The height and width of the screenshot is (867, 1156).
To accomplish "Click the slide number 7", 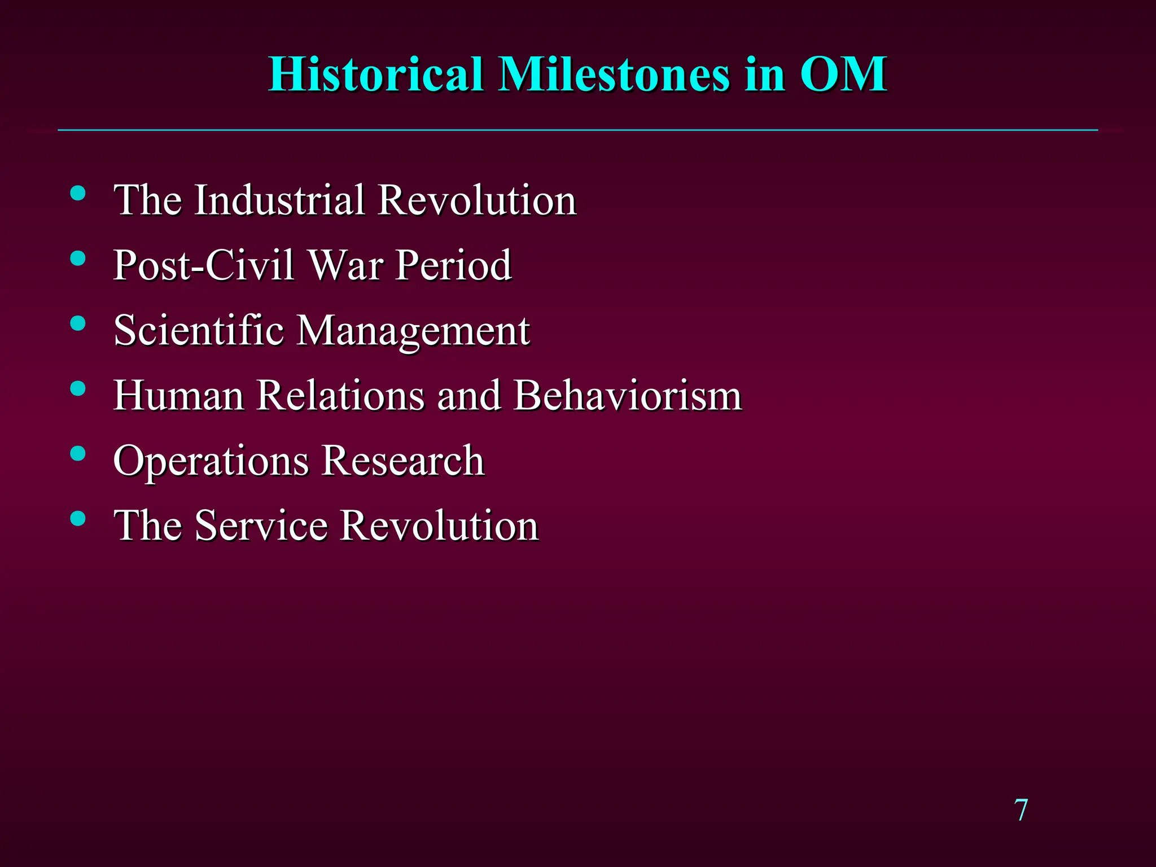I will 1021,810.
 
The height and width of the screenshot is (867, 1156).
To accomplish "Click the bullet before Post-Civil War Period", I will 78,259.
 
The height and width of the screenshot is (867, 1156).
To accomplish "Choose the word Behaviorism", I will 628,395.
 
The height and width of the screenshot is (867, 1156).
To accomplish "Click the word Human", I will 178,395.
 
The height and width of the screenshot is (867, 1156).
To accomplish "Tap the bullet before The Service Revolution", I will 78,518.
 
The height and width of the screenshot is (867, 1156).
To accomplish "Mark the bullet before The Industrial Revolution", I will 78,194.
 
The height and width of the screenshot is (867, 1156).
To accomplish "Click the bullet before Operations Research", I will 78,453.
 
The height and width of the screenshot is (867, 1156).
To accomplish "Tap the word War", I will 346,265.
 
